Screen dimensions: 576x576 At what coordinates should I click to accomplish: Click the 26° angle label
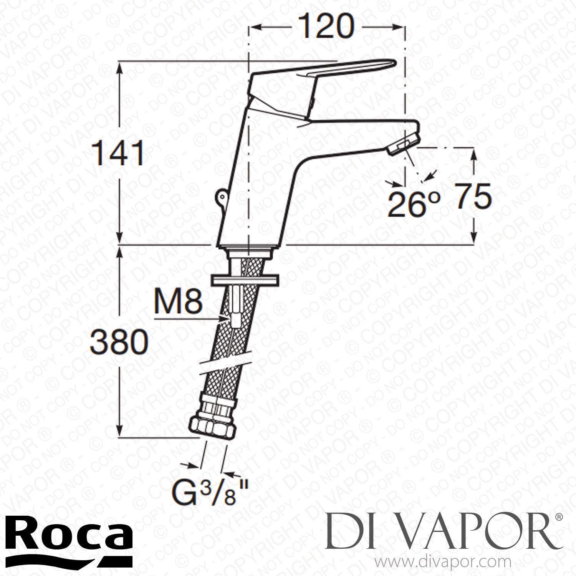pyautogui.click(x=413, y=205)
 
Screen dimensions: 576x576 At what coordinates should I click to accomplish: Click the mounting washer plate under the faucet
pyautogui.click(x=245, y=280)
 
